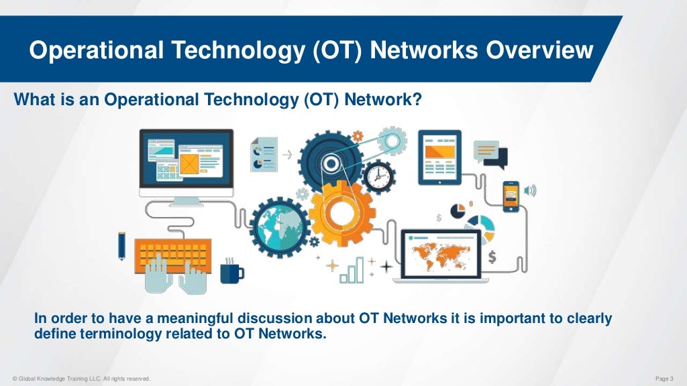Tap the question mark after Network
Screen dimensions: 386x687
click(418, 101)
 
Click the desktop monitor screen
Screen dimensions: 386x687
click(186, 161)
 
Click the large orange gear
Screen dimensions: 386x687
click(340, 213)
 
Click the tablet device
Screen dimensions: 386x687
click(439, 157)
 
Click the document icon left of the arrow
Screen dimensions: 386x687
click(264, 153)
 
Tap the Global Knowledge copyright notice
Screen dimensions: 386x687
click(80, 379)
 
